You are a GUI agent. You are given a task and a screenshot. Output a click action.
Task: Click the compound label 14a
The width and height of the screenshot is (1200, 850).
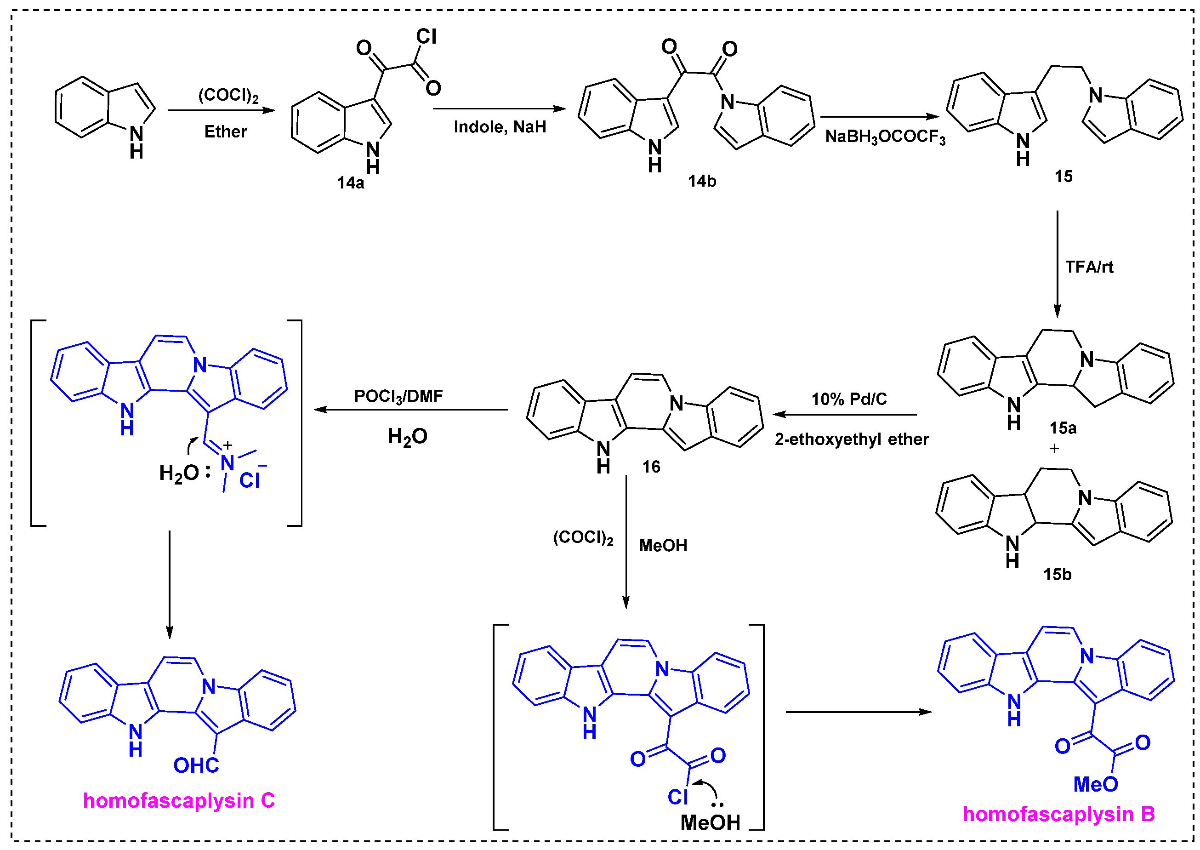click(350, 183)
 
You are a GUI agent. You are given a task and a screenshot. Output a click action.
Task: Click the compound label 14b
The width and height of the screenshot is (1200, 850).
click(701, 181)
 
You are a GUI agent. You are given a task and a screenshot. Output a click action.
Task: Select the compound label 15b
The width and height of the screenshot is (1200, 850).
click(1057, 574)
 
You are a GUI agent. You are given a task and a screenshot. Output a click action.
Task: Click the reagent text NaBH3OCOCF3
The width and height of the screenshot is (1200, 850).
click(885, 137)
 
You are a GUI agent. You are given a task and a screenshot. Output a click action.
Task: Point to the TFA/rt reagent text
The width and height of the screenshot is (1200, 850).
click(1089, 267)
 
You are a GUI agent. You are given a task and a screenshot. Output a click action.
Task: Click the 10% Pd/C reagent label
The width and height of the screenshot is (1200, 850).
click(849, 399)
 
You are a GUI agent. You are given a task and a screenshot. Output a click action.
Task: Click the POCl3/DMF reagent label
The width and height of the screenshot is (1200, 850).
click(398, 396)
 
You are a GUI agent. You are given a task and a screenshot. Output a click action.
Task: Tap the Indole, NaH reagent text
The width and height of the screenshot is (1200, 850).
click(499, 127)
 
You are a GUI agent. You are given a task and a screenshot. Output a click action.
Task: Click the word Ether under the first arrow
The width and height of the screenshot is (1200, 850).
click(225, 131)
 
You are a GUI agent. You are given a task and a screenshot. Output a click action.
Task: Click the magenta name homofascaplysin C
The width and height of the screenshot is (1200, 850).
click(178, 800)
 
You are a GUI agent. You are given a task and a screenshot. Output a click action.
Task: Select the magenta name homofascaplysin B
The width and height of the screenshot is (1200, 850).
click(1058, 814)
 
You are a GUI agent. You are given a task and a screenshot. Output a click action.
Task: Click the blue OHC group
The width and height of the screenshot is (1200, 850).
click(196, 765)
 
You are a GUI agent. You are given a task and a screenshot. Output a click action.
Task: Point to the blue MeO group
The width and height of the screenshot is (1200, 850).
click(1095, 784)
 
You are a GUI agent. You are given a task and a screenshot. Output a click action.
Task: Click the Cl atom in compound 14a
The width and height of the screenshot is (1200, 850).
click(426, 36)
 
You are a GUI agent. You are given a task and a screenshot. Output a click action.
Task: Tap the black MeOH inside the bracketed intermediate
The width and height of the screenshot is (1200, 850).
click(710, 822)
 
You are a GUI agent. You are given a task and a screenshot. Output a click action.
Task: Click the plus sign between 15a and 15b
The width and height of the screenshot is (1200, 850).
click(1054, 449)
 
